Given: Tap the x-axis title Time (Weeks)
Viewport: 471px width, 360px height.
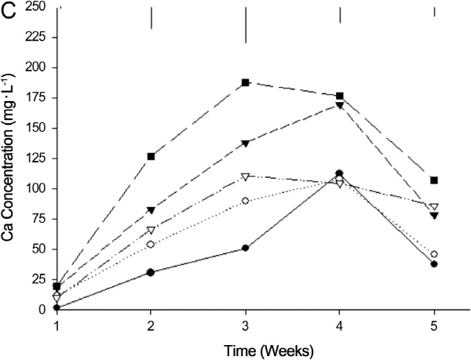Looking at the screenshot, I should tap(246, 346).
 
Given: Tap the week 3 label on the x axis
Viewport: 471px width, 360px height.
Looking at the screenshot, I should tap(246, 322).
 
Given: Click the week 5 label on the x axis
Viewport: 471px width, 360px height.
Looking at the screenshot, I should tap(434, 322).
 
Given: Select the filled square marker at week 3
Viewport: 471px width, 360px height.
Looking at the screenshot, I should tap(246, 82).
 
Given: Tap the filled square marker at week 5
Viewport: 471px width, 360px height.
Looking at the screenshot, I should tap(434, 180).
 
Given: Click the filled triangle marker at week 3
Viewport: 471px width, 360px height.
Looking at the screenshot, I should tap(246, 144).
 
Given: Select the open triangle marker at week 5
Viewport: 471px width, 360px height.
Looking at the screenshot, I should tap(434, 207).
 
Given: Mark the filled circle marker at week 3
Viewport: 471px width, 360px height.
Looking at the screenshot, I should tap(246, 248).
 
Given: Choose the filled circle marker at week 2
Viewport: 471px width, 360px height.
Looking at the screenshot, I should tap(151, 272).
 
